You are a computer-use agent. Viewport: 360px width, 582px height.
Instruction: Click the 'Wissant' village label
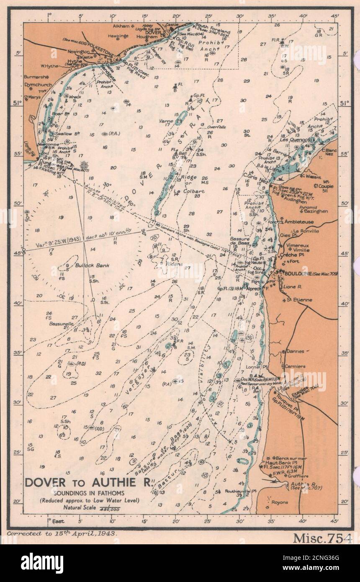coord(314,177)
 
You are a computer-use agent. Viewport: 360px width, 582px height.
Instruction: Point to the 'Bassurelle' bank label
coord(61,324)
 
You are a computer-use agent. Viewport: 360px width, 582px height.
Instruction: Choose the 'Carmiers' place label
coord(295,366)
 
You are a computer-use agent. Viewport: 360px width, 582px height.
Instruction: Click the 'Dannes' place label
coord(295,351)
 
